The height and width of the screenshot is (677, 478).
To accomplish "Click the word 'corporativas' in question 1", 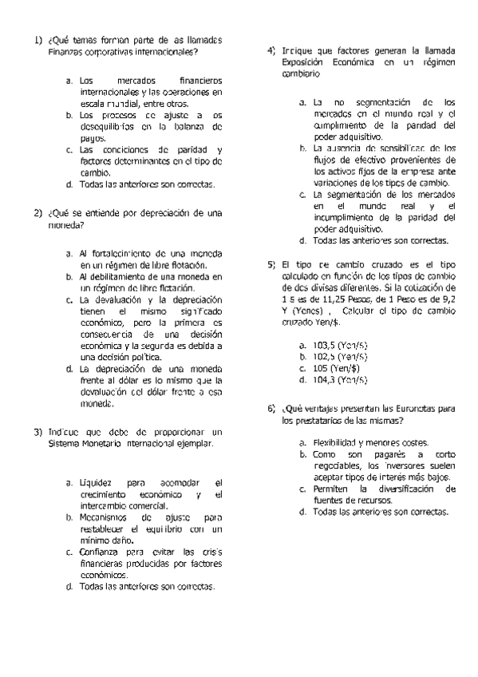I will point(108,53).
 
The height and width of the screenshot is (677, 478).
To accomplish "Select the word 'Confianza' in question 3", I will point(101,552).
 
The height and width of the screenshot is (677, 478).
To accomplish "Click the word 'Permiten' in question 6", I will point(330,488).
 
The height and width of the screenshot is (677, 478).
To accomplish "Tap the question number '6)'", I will point(271,408).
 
